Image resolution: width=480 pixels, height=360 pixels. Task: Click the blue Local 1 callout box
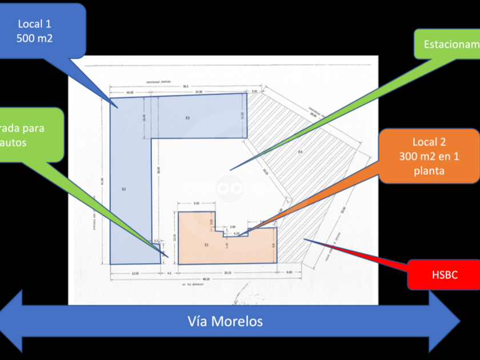(42, 31)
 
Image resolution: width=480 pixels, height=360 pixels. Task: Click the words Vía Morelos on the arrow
(225, 321)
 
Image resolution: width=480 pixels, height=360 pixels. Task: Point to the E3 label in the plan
(187, 118)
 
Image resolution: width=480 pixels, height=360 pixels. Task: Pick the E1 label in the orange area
(206, 245)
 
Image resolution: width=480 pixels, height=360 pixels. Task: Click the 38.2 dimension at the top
(186, 86)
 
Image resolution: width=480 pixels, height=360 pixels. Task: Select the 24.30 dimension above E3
(198, 91)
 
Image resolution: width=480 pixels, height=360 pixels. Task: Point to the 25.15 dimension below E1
(227, 272)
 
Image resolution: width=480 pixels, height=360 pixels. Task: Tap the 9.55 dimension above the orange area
(197, 203)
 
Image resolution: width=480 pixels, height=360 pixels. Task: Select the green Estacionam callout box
(448, 44)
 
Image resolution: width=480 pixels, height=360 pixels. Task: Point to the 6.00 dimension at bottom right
(289, 272)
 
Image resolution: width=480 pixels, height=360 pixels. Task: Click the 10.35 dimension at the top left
(130, 91)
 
